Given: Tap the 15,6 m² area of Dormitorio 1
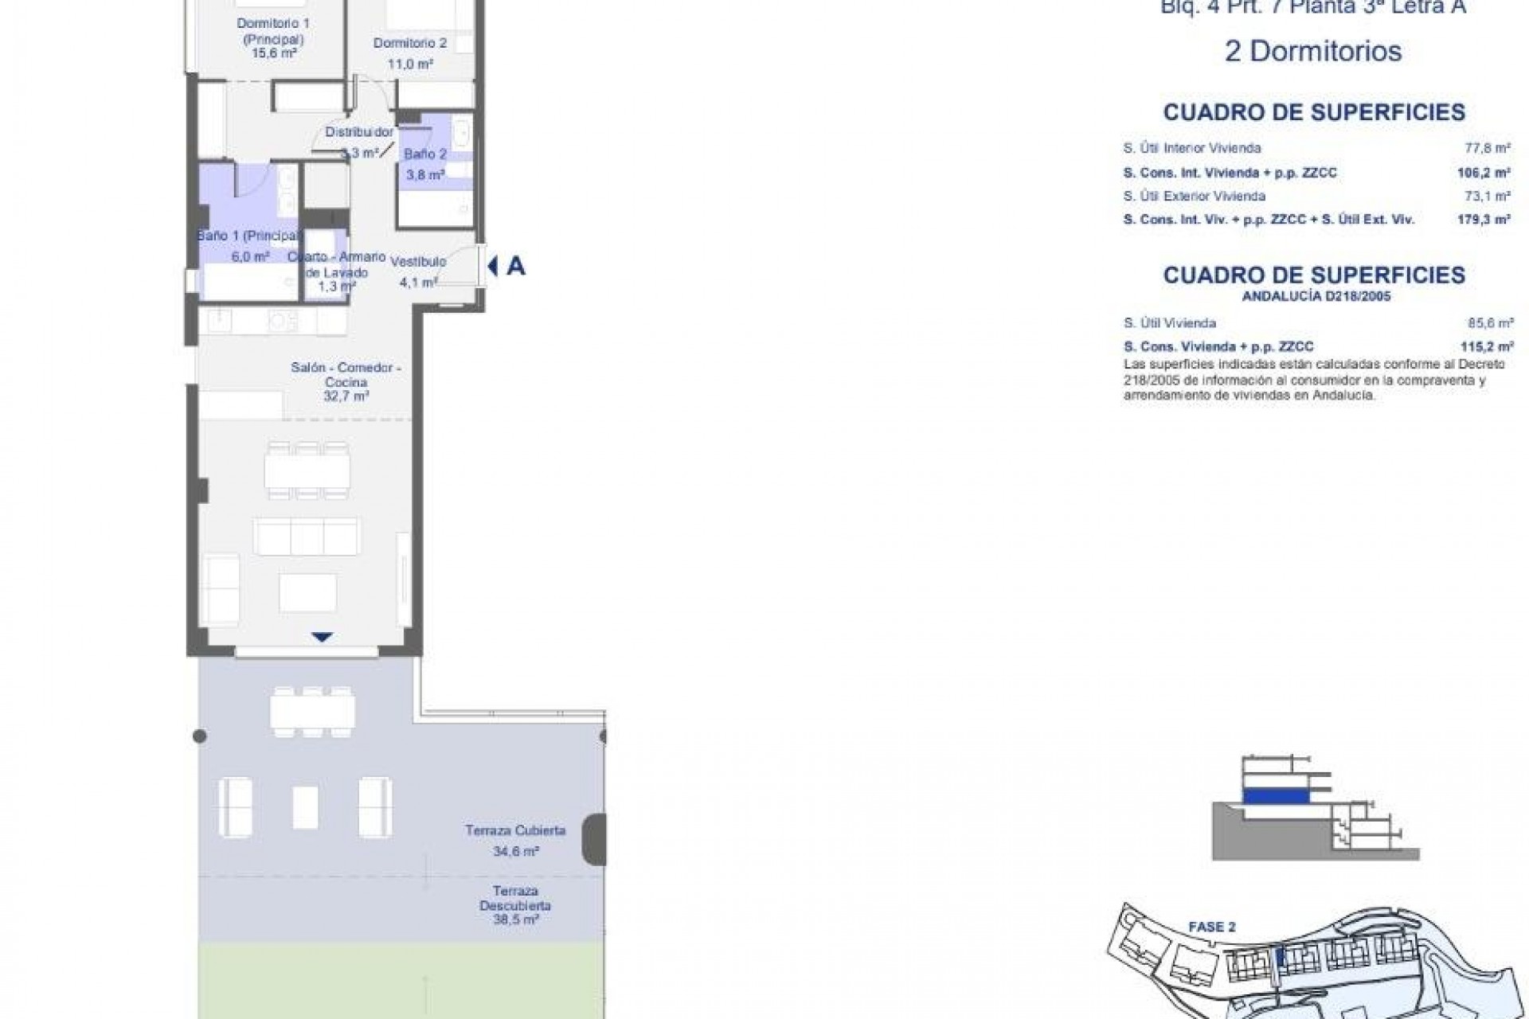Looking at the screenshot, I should pos(273,53).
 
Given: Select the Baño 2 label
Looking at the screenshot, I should pos(425,154).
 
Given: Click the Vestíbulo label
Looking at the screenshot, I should pos(422,261).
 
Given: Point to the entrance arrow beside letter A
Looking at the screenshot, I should pos(492,266).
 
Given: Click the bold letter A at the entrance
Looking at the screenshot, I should pos(516,267).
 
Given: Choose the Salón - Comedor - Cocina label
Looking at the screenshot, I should pos(346,375).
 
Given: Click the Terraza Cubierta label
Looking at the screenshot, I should pos(515,830).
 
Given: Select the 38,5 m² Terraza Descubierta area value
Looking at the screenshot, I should pos(515,919).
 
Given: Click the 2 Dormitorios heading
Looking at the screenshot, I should pos(1312,52).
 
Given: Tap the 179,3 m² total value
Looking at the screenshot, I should pos(1491,220).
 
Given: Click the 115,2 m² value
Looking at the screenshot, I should pos(1492,347).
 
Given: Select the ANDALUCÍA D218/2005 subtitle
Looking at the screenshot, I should pos(1314,297).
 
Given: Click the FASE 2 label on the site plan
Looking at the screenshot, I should pos(1211,927).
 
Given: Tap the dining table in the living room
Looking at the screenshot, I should pos(308,470).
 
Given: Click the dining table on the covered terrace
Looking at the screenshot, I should pos(312,711).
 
